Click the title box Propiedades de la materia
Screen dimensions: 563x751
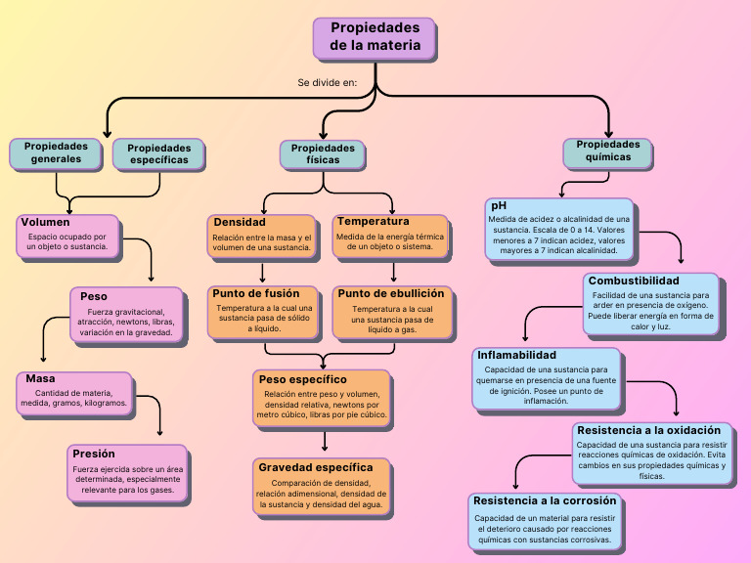pos(375,37)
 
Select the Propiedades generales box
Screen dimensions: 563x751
pos(56,152)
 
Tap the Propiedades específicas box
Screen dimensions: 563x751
pos(159,154)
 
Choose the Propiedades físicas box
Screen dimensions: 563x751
pos(324,153)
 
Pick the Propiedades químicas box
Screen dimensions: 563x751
pos(608,151)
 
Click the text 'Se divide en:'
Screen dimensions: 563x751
pos(327,83)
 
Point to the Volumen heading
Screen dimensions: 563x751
pos(45,223)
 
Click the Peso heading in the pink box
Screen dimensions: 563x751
pos(94,296)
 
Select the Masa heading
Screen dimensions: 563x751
pos(40,379)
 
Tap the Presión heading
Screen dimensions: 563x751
pos(93,454)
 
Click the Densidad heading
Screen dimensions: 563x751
pos(240,223)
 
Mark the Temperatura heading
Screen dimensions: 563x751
pos(373,222)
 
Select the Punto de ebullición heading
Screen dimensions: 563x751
pos(391,293)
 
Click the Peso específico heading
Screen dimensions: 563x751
pos(302,379)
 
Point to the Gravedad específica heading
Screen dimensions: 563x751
pos(316,467)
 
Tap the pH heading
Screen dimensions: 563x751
pos(499,206)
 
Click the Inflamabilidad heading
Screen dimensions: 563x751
pos(516,355)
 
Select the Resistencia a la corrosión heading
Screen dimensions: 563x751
pos(545,500)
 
